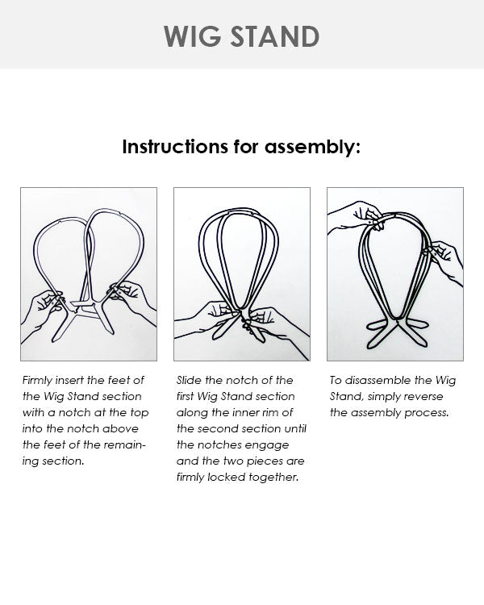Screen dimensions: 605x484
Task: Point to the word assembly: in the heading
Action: [x=315, y=147]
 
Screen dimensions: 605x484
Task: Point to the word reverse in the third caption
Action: [x=423, y=396]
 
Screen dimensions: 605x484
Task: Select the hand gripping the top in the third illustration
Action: [x=355, y=216]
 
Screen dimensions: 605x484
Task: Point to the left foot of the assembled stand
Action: [x=379, y=324]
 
